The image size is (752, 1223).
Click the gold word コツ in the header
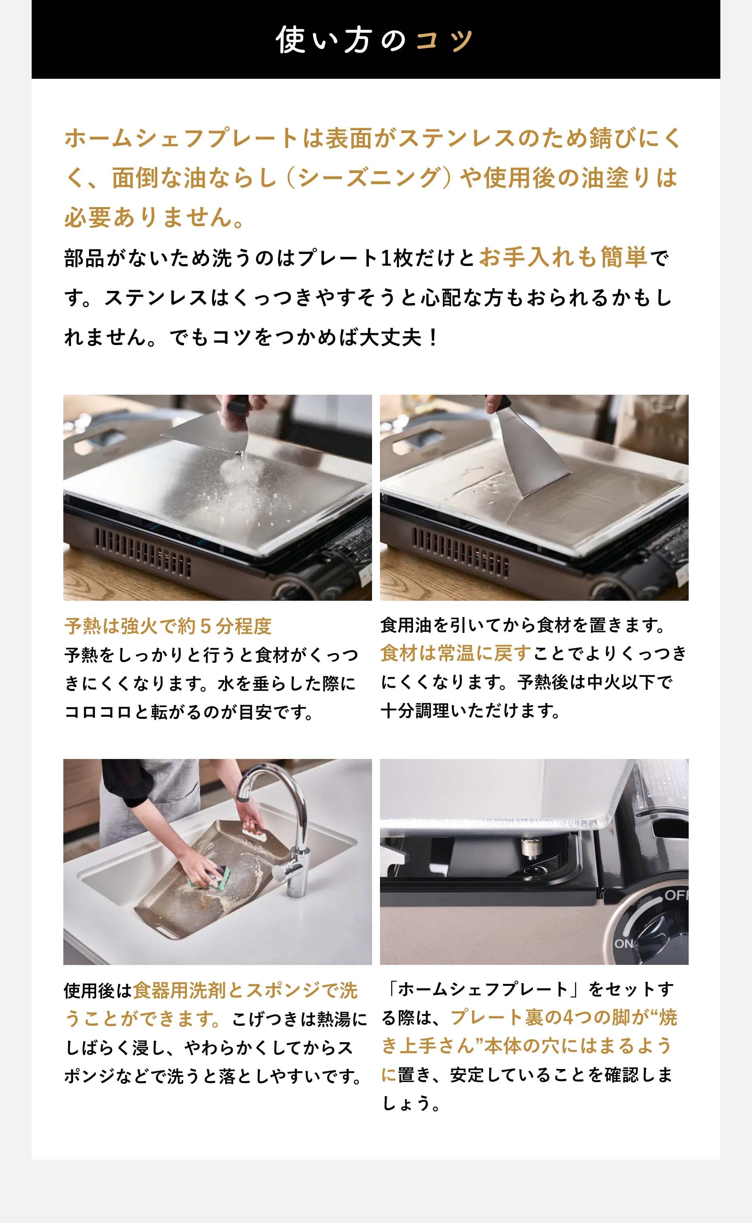click(x=444, y=40)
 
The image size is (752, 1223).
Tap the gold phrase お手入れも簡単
click(x=564, y=258)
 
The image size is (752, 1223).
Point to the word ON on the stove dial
click(x=624, y=943)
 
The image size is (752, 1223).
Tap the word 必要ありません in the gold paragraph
click(x=148, y=217)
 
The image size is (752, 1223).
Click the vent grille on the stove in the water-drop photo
click(x=142, y=550)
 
